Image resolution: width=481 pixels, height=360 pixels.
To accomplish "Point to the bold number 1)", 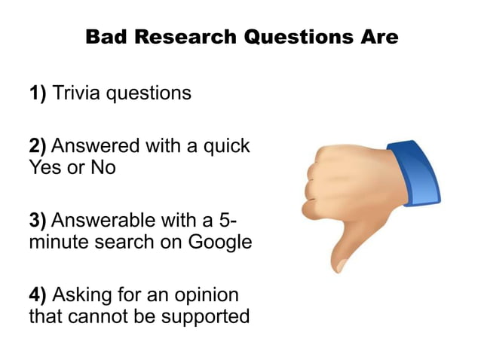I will click(x=38, y=95).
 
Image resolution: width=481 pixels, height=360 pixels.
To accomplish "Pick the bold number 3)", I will click(x=38, y=221).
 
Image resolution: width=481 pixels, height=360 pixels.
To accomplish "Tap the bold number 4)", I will click(x=38, y=294).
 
